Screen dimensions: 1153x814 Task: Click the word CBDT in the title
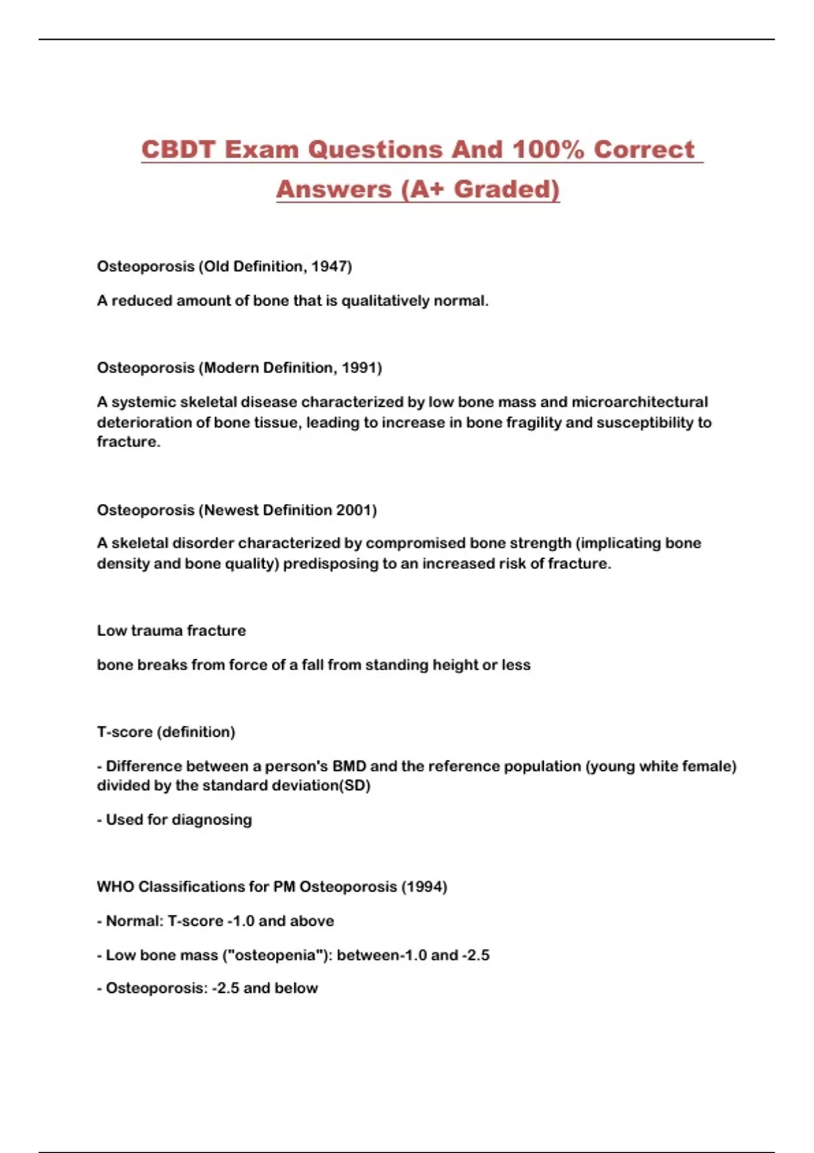178,149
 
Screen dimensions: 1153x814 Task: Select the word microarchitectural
639,402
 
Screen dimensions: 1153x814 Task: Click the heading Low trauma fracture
171,631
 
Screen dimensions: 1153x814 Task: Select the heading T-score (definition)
166,732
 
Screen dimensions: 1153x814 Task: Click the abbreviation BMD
349,766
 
